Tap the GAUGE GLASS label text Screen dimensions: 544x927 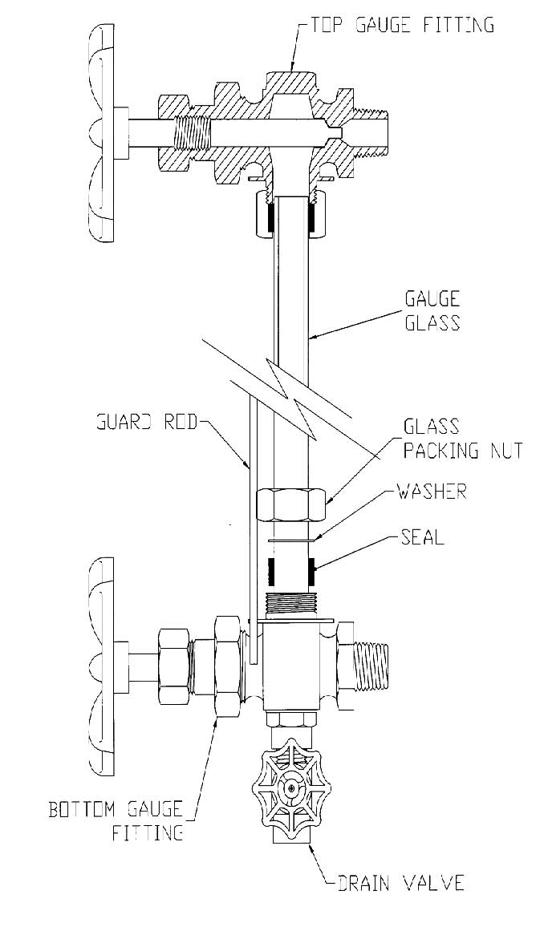click(x=432, y=311)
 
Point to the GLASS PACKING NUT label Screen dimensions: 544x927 click(x=463, y=438)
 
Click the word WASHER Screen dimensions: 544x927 click(x=432, y=492)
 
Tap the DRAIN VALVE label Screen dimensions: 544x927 click(x=400, y=883)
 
